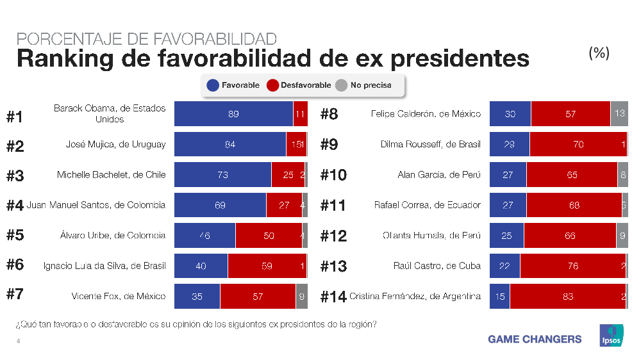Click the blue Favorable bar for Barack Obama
click(x=233, y=114)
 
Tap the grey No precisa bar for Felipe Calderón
click(x=619, y=114)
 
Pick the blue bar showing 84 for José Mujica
click(x=230, y=145)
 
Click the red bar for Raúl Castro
click(x=572, y=266)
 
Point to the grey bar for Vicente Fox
click(x=301, y=297)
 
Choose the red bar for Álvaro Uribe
click(x=269, y=236)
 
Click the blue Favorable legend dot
click(x=213, y=85)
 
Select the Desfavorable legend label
click(x=306, y=85)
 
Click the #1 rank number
click(x=15, y=117)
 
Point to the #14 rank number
click(x=333, y=297)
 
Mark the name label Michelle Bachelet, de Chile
click(x=111, y=175)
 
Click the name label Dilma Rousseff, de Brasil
click(x=430, y=145)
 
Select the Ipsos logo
click(x=610, y=336)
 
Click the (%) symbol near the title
click(x=599, y=53)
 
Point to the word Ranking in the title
click(x=60, y=58)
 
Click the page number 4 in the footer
click(x=18, y=341)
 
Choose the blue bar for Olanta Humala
click(x=506, y=236)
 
